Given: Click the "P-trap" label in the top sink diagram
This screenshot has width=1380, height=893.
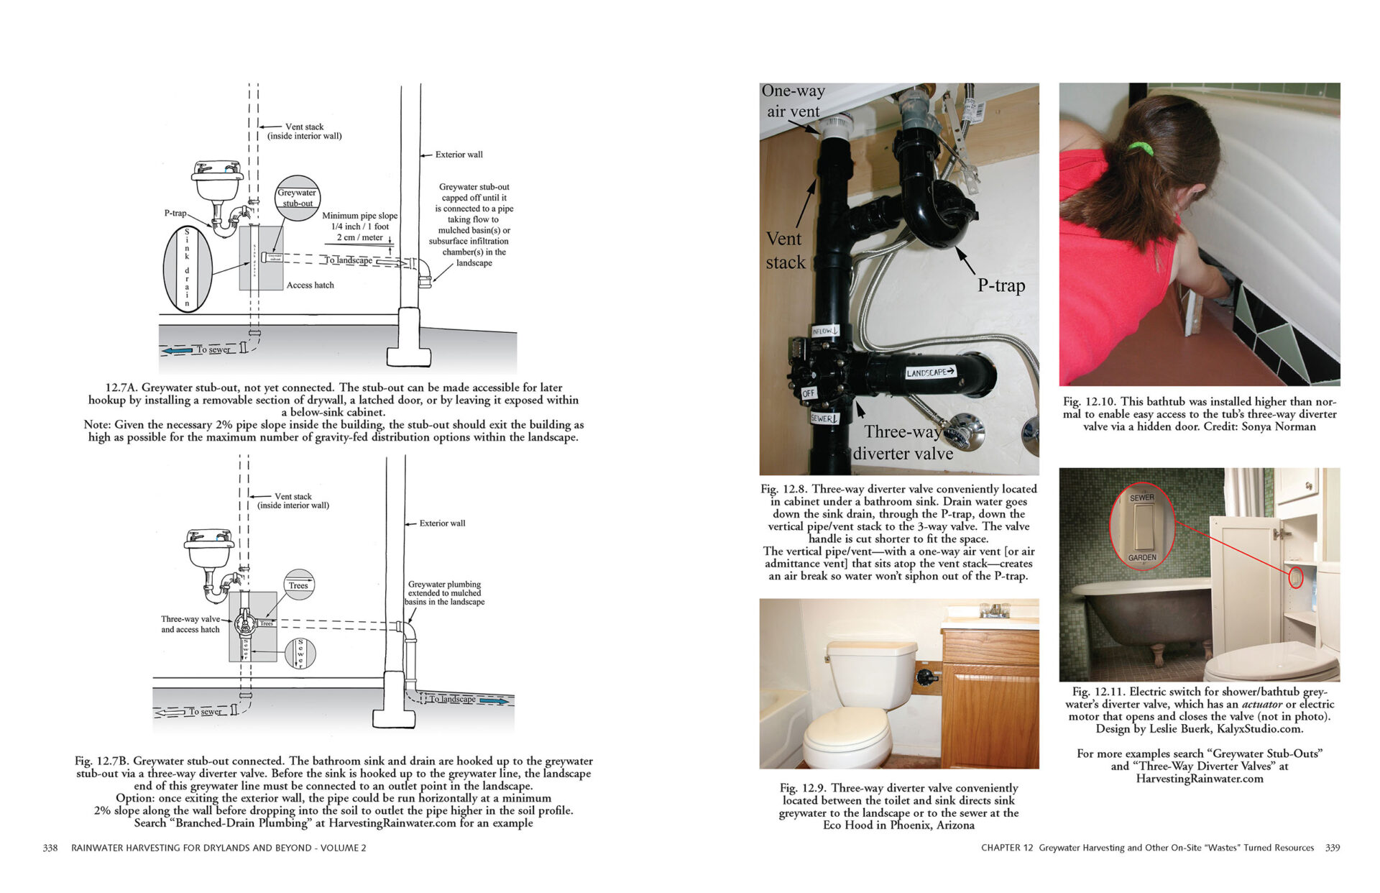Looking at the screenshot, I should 175,213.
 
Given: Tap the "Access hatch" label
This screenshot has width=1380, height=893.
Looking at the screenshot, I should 310,285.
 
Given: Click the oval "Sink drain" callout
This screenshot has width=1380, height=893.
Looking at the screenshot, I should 188,267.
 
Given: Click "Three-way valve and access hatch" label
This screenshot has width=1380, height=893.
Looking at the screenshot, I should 190,624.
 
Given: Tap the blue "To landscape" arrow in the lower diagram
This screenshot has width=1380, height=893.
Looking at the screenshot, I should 494,700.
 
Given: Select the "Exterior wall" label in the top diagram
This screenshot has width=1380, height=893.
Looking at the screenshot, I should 459,155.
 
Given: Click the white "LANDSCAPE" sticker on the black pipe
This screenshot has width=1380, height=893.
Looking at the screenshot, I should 930,372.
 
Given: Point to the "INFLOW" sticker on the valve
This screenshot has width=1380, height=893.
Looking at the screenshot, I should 825,331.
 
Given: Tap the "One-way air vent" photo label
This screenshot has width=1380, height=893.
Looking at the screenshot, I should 793,101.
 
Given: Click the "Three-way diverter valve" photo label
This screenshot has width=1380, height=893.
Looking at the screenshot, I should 903,442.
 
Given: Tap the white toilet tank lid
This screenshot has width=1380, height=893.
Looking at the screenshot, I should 871,650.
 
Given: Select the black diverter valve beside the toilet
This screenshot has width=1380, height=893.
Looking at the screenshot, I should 928,675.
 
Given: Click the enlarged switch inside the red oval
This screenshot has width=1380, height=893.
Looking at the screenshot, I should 1142,528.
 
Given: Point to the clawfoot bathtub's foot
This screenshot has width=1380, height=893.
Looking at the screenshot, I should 1157,654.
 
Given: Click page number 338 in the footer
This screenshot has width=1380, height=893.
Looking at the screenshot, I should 50,848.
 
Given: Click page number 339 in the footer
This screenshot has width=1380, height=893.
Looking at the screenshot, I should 1333,848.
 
